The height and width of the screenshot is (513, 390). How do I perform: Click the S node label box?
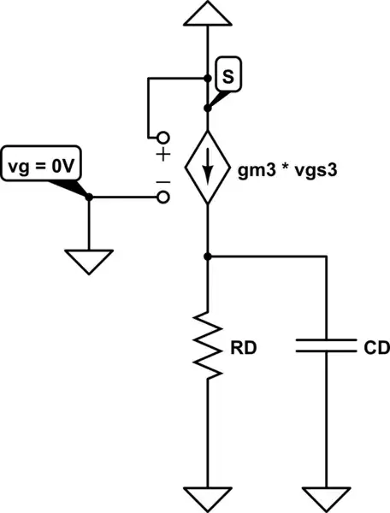tap(227, 75)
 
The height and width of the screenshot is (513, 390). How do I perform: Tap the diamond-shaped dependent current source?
tap(208, 168)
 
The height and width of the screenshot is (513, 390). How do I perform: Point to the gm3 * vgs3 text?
tap(287, 168)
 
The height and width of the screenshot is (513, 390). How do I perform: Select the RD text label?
tap(245, 348)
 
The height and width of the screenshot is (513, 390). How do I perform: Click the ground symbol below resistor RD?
tap(208, 497)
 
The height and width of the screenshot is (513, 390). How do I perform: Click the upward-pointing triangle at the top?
tap(208, 14)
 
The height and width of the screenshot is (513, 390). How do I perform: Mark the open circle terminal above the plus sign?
tap(162, 137)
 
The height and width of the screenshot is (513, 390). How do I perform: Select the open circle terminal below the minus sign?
tap(162, 198)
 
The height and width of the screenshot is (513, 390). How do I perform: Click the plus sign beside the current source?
tap(162, 155)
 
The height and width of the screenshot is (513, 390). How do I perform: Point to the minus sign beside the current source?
tap(162, 181)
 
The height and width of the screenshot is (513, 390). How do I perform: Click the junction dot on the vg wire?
tap(89, 198)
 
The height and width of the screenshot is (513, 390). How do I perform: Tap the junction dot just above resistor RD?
tap(208, 256)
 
